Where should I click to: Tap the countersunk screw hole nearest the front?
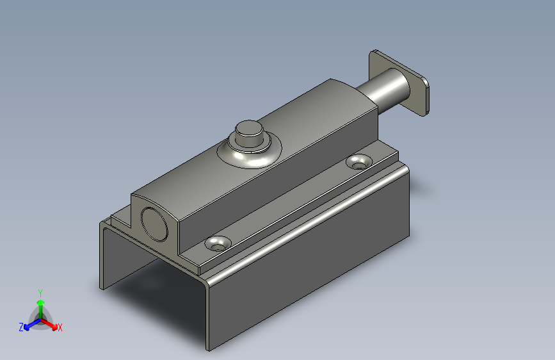point(218,244)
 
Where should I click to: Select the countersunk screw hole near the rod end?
point(359,162)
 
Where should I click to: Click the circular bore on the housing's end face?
point(154,224)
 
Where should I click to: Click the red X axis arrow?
point(49,323)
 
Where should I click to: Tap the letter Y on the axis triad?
point(40,293)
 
